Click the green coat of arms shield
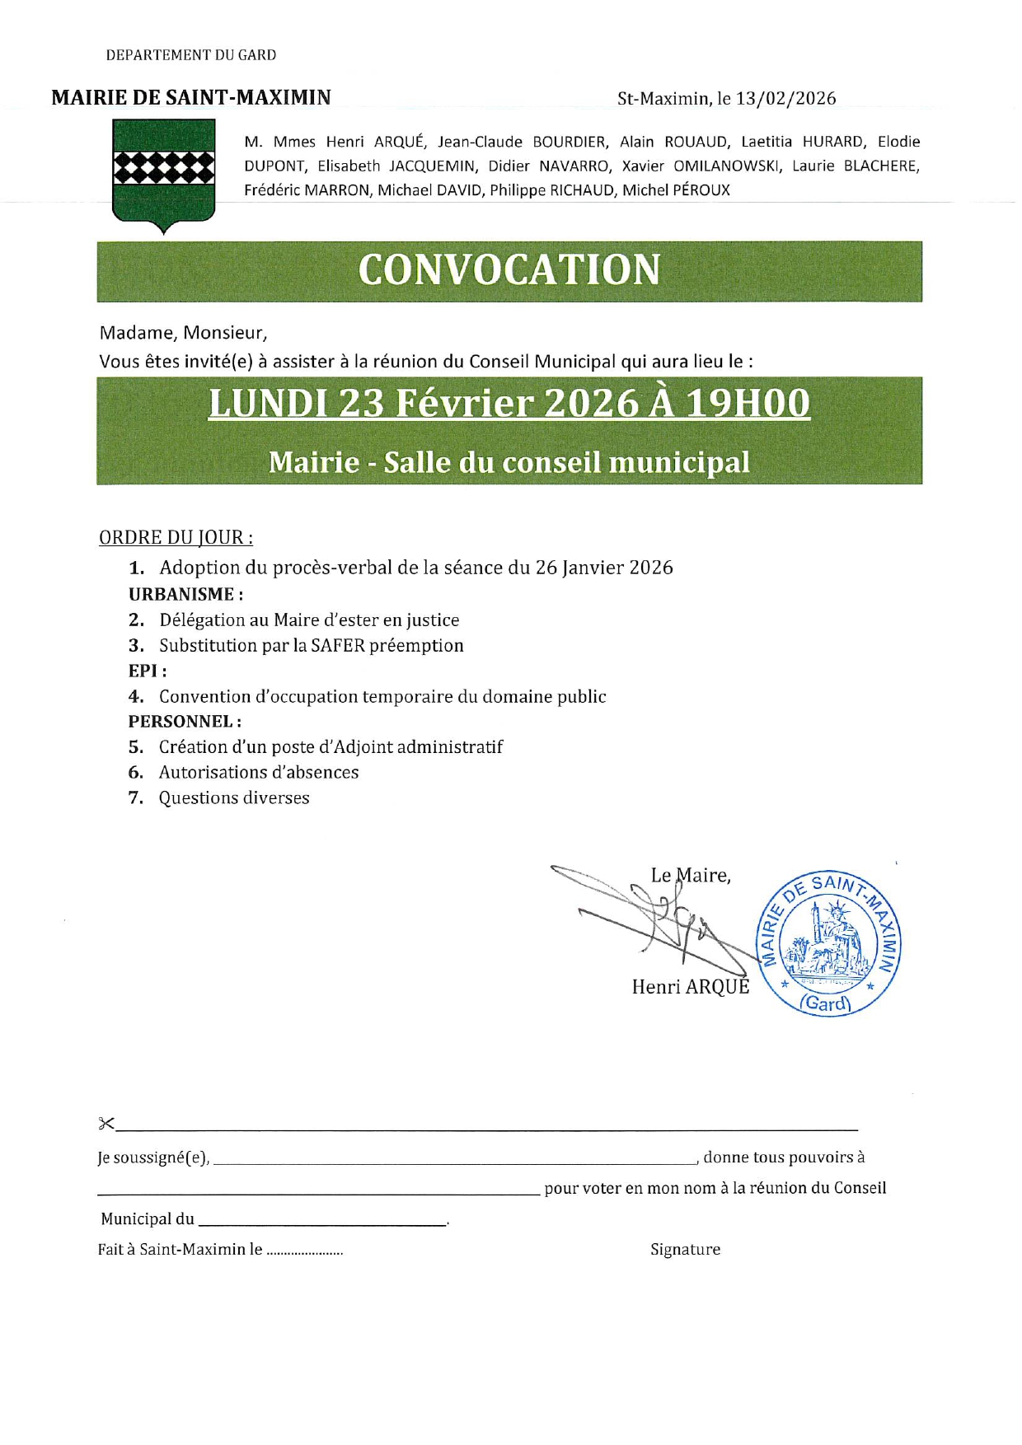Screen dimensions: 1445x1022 [x=163, y=174]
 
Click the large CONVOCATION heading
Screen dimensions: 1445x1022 [x=509, y=270]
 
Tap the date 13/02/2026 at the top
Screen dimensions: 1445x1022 [x=785, y=99]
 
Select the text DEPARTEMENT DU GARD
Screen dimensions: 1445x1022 [x=191, y=55]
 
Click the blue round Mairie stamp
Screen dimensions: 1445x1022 [x=828, y=943]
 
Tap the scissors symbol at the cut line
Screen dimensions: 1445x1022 [x=106, y=1123]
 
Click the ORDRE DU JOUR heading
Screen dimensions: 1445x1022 [x=176, y=538]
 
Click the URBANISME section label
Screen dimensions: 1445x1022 [x=185, y=594]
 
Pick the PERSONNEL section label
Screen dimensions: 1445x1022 [x=185, y=722]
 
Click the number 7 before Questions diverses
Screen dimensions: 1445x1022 [x=136, y=798]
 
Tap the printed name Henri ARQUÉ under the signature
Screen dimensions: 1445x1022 [x=691, y=987]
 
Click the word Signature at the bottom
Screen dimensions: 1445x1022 [x=685, y=1250]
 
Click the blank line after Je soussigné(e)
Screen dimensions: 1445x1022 [x=453, y=1161]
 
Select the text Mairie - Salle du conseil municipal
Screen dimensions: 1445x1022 [x=509, y=462]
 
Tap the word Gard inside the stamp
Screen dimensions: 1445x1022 [x=826, y=1003]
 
